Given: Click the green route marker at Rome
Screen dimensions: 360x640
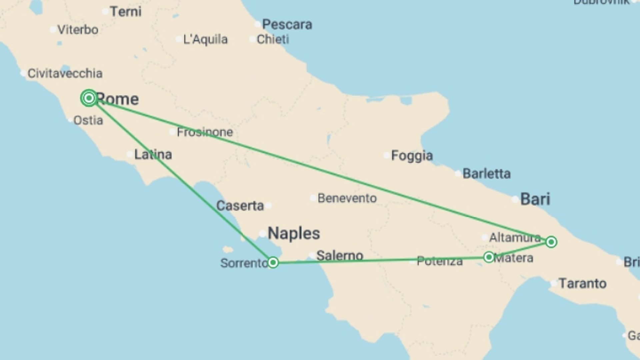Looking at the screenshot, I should pos(89,98).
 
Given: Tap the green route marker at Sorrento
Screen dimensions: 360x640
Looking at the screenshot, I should pos(273,263).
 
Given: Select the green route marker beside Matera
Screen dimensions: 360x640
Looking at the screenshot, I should pos(489,257).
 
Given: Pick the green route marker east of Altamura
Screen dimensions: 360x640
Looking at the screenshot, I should pos(551,242).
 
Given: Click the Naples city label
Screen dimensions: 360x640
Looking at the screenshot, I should pos(294,233).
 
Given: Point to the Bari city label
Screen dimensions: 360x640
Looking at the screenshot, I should pos(535,199).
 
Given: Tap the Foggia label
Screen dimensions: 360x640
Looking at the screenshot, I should pos(412,156).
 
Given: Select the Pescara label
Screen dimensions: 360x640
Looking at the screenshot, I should pos(287,24).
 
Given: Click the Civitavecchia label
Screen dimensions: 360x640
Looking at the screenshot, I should pos(65,73).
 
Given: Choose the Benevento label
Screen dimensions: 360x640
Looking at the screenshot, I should pos(347,198).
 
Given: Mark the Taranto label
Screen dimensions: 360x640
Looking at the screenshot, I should pos(582,284).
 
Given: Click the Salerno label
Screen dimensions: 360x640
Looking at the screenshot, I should pos(340,256).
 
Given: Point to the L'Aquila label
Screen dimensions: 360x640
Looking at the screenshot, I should pos(205,40).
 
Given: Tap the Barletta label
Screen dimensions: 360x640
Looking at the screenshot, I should pos(486,174).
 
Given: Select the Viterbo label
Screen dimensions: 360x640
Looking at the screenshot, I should pos(78,30).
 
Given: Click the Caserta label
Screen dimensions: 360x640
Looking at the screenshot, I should pos(240,206).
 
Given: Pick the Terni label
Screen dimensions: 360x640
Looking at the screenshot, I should pos(126,12).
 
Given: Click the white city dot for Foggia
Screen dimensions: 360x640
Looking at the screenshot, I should pos(386,155).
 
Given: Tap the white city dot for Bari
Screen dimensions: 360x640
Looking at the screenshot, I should pos(515,200).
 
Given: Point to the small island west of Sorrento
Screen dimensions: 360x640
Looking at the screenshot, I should pos(228,249).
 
